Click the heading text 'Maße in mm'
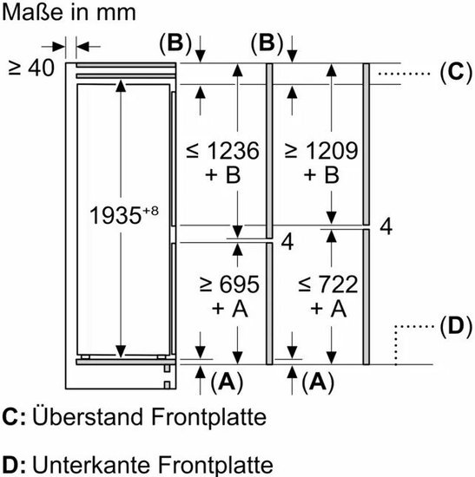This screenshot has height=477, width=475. pos(69,12)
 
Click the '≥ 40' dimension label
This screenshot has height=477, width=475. pos(31,68)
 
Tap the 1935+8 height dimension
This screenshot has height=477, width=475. pos(123,214)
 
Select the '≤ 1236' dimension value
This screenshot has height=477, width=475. pos(222,150)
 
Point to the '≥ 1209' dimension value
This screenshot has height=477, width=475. pos(321,150)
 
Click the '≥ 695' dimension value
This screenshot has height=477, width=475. pos(229,284)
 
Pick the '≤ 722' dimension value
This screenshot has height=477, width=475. pos(328,284)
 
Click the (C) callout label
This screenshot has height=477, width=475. pos(456,73)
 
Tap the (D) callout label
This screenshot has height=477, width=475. pos(456,326)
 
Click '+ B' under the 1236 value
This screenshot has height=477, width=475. pos(222,174)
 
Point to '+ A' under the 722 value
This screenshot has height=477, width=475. pos(328,309)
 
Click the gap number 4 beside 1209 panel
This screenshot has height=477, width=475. pos(386,226)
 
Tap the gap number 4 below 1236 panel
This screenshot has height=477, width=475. pos(287,242)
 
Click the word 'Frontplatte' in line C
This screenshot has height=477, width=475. pos(208,417)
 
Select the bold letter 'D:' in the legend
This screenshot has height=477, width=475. pos(14,465)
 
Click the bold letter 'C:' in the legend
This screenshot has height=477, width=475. pos(14,417)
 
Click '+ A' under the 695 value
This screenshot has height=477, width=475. pos(230,309)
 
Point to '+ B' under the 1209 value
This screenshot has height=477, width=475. pos(321,174)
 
